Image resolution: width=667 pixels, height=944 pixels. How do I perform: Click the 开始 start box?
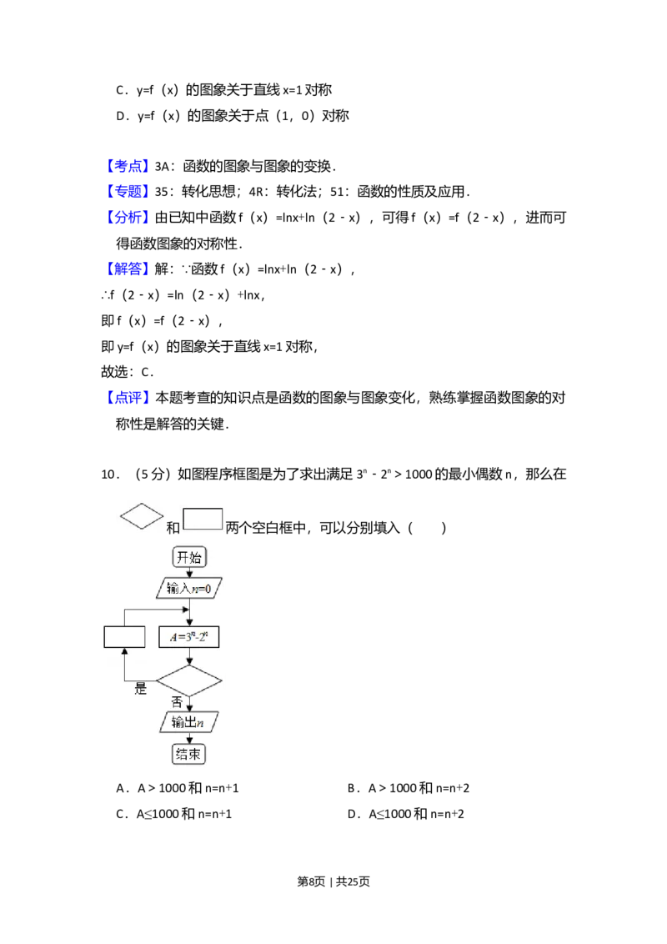189,557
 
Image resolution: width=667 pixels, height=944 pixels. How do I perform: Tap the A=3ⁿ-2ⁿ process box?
189,637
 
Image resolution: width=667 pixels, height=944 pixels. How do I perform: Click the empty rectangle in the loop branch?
124,637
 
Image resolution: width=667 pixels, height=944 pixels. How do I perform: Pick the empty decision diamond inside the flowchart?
189,681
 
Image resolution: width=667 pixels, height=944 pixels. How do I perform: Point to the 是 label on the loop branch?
141,690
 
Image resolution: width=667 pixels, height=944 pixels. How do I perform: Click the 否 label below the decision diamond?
177,702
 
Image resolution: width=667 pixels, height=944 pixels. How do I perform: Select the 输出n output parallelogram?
189,722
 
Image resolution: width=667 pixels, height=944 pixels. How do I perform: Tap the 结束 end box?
189,754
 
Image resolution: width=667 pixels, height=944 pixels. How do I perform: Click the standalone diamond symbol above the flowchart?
142,515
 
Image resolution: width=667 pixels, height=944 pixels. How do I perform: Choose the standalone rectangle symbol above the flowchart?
203,519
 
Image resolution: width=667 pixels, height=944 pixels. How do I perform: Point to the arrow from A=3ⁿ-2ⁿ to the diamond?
189,657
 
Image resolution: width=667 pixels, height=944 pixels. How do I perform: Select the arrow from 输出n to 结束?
189,738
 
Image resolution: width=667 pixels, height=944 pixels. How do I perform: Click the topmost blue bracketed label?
129,164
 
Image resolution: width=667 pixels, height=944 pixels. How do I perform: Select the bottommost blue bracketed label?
129,398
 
